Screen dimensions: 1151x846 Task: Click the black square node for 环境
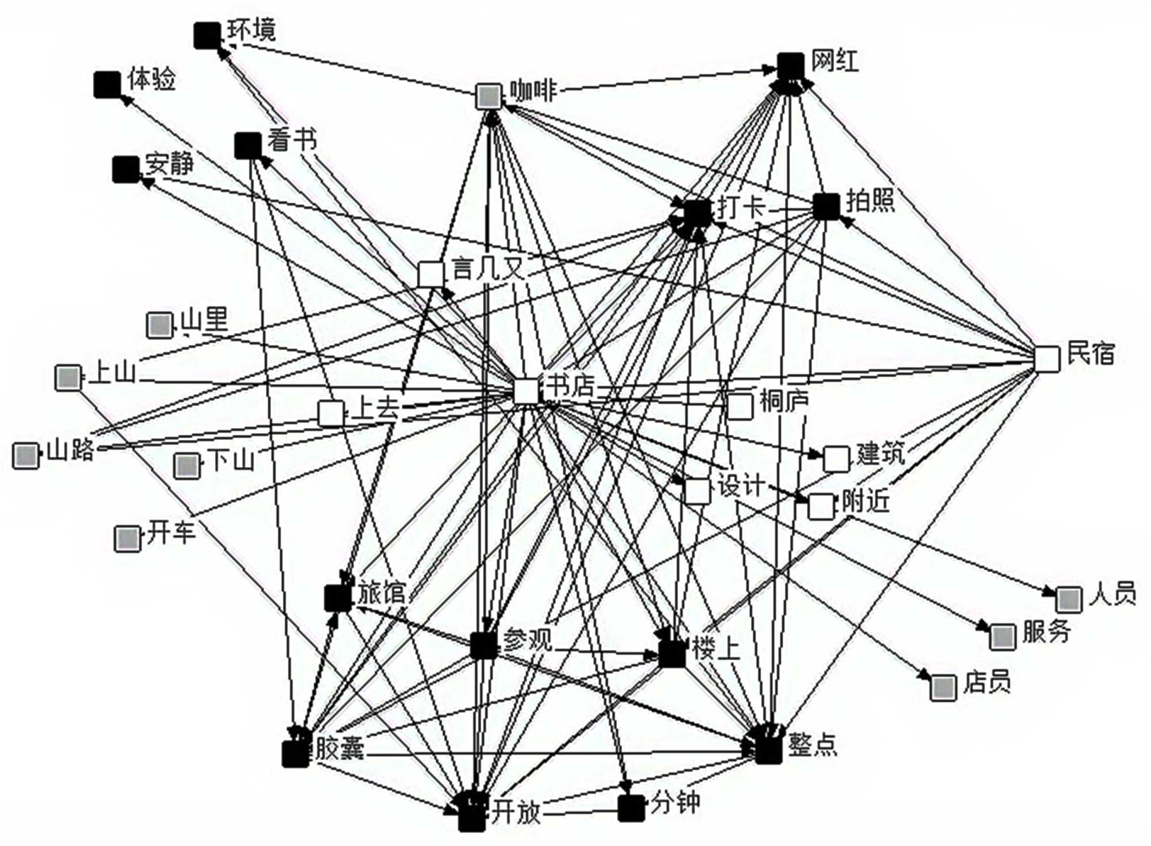pyautogui.click(x=207, y=36)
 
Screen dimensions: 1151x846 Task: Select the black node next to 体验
pyautogui.click(x=107, y=85)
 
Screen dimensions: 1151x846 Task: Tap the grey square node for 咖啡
pyautogui.click(x=489, y=96)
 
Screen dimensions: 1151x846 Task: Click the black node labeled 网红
pyautogui.click(x=790, y=66)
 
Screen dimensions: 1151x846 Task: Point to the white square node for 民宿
pyautogui.click(x=1047, y=359)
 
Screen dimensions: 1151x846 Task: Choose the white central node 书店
pyautogui.click(x=526, y=392)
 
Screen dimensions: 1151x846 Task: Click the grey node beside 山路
pyautogui.click(x=25, y=455)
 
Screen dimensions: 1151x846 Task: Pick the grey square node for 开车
pyautogui.click(x=127, y=538)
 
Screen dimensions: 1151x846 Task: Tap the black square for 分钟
pyautogui.click(x=631, y=808)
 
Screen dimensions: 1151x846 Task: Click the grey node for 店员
pyautogui.click(x=943, y=688)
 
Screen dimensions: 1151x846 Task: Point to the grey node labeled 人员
pyautogui.click(x=1069, y=600)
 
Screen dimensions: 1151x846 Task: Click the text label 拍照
pyautogui.click(x=870, y=201)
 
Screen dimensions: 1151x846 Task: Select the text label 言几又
pyautogui.click(x=488, y=268)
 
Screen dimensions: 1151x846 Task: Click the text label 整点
pyautogui.click(x=812, y=745)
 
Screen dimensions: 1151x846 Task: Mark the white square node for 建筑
pyautogui.click(x=836, y=458)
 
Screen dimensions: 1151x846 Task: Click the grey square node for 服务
pyautogui.click(x=1002, y=637)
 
